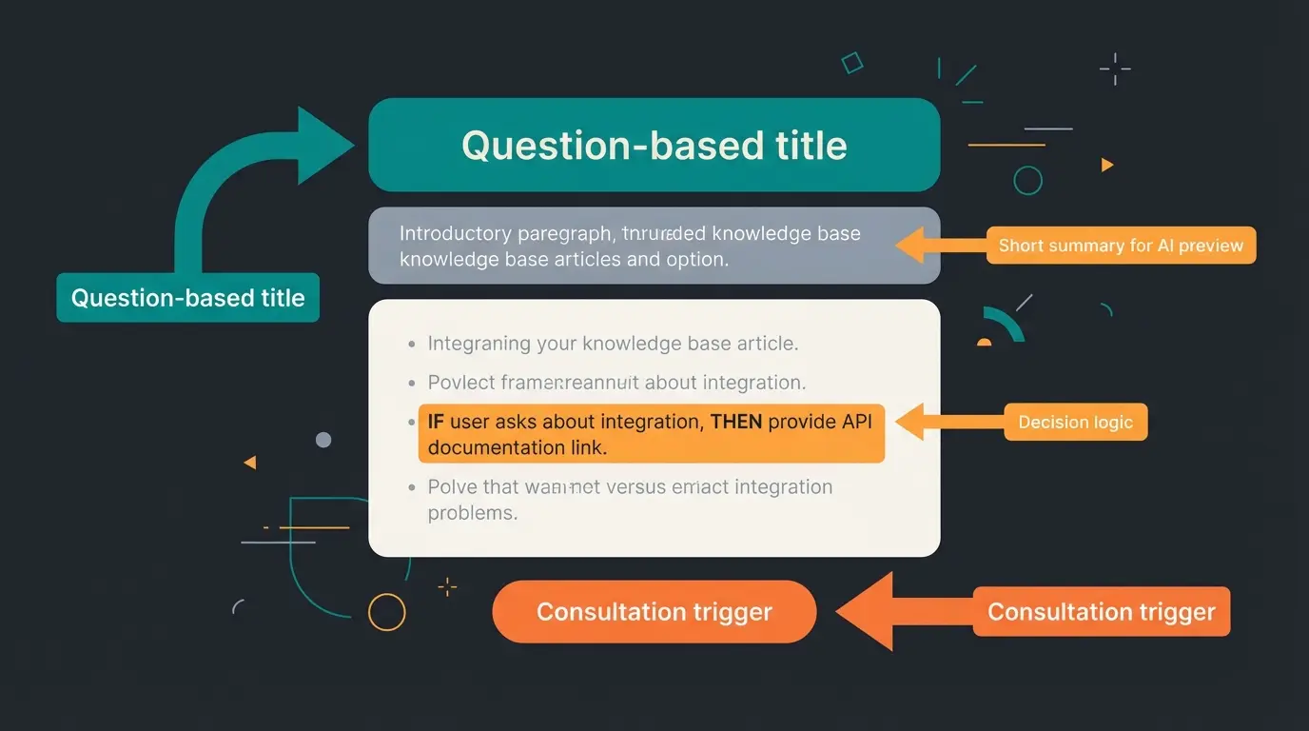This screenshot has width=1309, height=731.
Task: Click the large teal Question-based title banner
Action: pos(654,145)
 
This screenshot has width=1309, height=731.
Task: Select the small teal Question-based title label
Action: pos(187,298)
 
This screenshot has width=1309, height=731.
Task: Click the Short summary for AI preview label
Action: pos(1121,246)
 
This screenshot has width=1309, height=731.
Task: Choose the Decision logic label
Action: pos(1075,422)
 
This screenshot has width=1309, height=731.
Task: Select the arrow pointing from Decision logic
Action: pos(942,422)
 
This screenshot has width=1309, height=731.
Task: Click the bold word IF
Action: pos(436,422)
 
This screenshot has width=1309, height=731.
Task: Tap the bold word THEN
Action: pos(735,422)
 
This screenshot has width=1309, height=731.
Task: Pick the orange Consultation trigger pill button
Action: pos(654,611)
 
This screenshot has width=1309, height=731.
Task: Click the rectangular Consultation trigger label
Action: pos(1101,611)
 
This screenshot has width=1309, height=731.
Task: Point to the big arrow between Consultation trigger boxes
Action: pos(899,611)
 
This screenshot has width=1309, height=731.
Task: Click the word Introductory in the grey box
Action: pos(454,233)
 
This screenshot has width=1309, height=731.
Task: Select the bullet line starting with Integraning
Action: pos(612,344)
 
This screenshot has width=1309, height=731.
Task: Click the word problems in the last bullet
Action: pos(472,512)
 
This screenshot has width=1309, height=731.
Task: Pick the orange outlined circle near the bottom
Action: pos(386,612)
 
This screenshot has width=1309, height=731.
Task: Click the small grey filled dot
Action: pos(323,440)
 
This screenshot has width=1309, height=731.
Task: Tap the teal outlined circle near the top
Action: pos(1027,180)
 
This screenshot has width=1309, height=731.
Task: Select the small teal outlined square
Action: pos(852,63)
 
